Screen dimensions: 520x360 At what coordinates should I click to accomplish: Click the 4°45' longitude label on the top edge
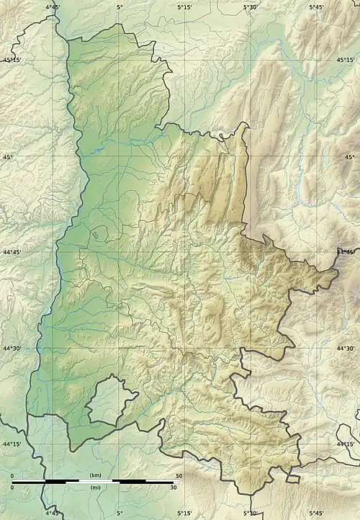(x=53, y=6)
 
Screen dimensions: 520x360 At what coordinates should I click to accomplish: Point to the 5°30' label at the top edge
(x=250, y=6)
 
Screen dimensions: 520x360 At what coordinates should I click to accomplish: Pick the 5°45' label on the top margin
(x=316, y=6)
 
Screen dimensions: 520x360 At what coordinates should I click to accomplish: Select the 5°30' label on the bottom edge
(x=250, y=514)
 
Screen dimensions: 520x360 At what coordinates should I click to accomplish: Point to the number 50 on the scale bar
(x=177, y=476)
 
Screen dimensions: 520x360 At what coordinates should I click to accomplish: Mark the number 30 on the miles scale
(x=173, y=488)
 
